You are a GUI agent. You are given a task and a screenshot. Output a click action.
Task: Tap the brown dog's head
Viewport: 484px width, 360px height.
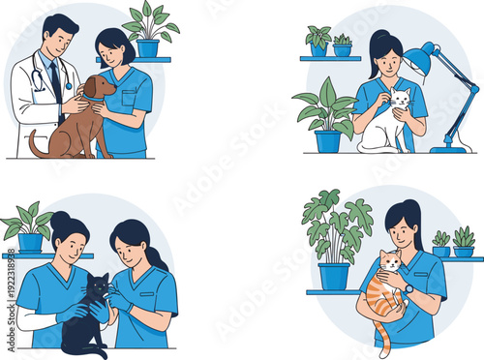(97, 88)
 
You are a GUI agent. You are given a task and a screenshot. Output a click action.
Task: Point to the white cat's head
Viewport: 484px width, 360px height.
(398, 98)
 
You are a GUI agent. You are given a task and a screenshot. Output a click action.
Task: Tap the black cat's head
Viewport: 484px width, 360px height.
(96, 287)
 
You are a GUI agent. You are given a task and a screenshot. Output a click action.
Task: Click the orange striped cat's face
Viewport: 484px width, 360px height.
(390, 263)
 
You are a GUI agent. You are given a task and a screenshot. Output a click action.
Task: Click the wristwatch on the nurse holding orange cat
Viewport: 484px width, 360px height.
(408, 288)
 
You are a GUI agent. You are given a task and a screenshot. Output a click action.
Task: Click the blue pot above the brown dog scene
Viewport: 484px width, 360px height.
(148, 47)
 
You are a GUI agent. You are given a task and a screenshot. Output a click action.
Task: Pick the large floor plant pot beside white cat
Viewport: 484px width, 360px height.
(328, 140)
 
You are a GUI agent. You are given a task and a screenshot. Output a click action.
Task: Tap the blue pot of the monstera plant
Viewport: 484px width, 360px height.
(334, 276)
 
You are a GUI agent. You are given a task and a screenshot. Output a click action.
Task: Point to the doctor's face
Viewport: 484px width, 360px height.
(60, 41)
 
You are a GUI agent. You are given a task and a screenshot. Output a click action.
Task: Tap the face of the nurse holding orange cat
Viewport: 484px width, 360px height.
(404, 231)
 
